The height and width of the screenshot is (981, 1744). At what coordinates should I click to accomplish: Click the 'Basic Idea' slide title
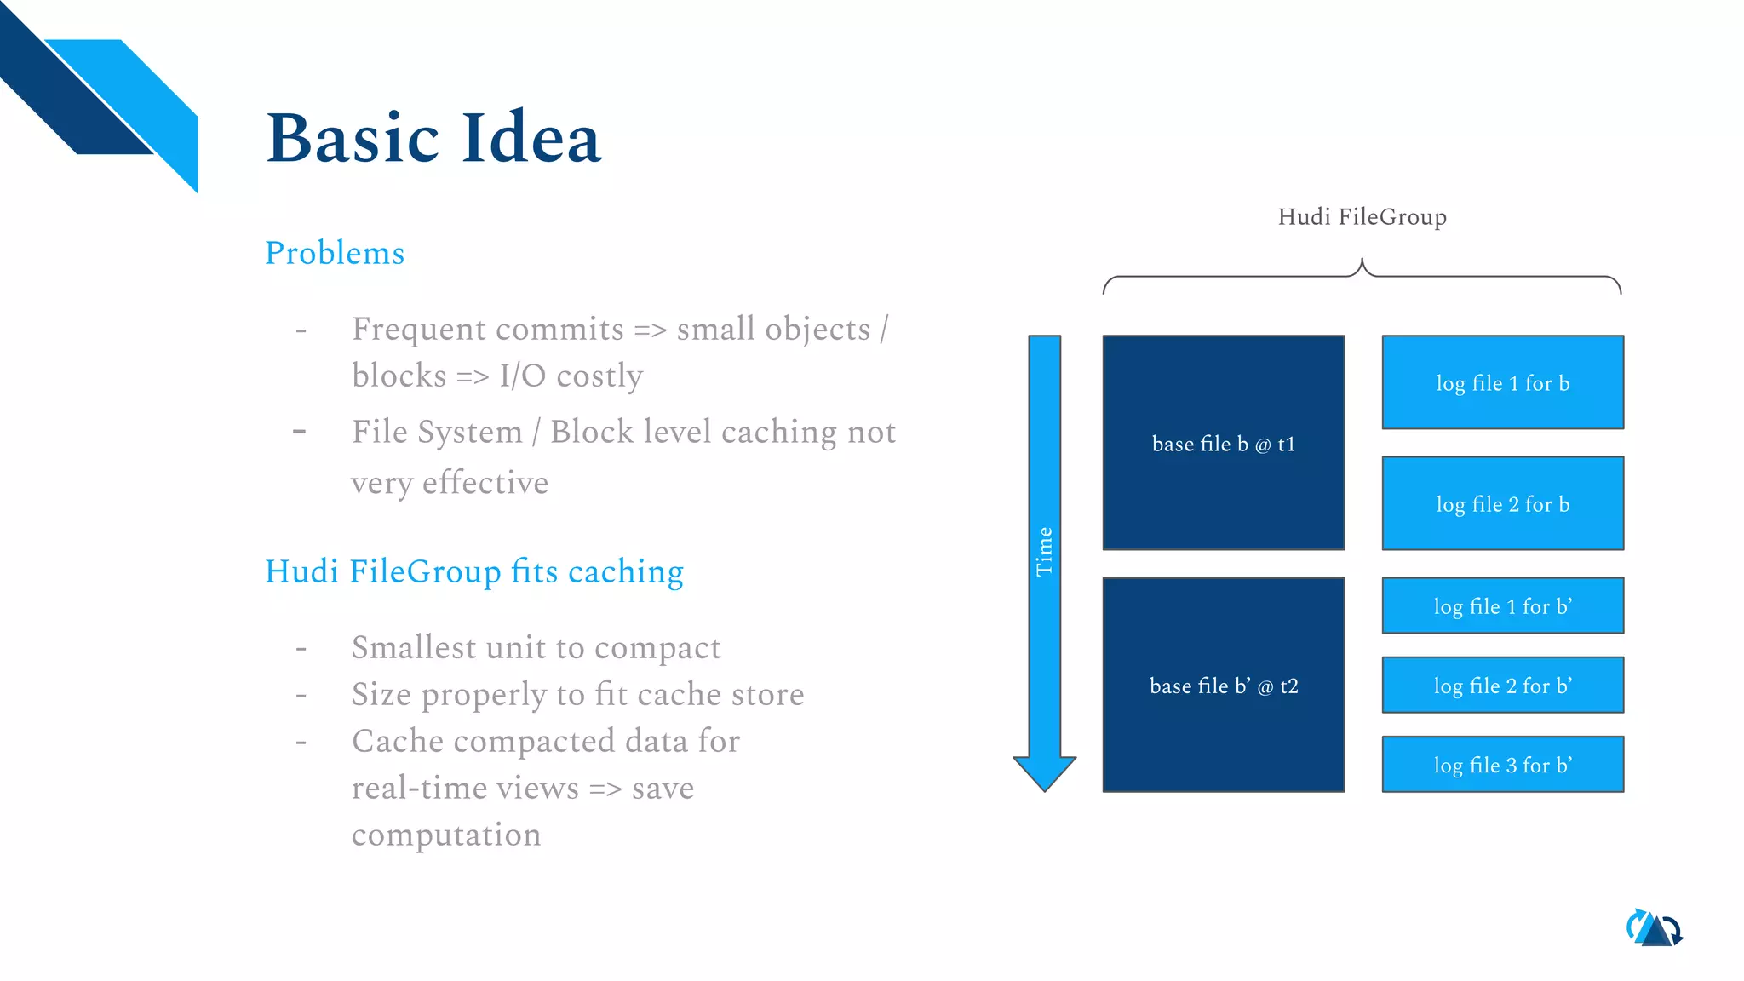coord(433,138)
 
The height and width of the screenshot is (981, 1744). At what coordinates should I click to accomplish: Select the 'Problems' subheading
coord(335,253)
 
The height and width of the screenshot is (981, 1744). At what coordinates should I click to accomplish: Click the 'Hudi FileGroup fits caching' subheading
coord(474,571)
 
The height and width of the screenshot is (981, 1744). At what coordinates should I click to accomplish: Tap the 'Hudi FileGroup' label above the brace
coord(1362,217)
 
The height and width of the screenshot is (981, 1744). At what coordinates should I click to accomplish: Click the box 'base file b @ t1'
coord(1223,443)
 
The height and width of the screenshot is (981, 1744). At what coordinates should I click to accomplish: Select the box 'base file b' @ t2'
coord(1223,686)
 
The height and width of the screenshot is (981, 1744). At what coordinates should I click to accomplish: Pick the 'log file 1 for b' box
coord(1502,382)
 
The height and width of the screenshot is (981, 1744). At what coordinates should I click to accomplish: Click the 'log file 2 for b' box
coord(1502,503)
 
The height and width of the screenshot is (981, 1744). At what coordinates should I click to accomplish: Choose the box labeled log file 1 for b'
coord(1502,605)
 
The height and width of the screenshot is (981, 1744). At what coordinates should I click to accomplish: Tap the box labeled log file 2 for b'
coord(1502,685)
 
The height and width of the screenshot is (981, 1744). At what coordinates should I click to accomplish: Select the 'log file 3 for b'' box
coord(1502,764)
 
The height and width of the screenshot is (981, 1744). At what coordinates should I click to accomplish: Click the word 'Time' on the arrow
coord(1045,552)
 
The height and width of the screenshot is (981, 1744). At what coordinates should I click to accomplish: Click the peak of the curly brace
coord(1362,262)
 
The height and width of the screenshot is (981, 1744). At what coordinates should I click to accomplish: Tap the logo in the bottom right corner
coord(1655,928)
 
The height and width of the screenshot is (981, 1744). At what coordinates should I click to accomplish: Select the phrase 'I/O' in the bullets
coord(522,376)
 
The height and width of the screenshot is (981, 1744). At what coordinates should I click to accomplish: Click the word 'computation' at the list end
coord(446,835)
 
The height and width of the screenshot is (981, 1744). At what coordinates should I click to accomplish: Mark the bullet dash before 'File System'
coord(300,432)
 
